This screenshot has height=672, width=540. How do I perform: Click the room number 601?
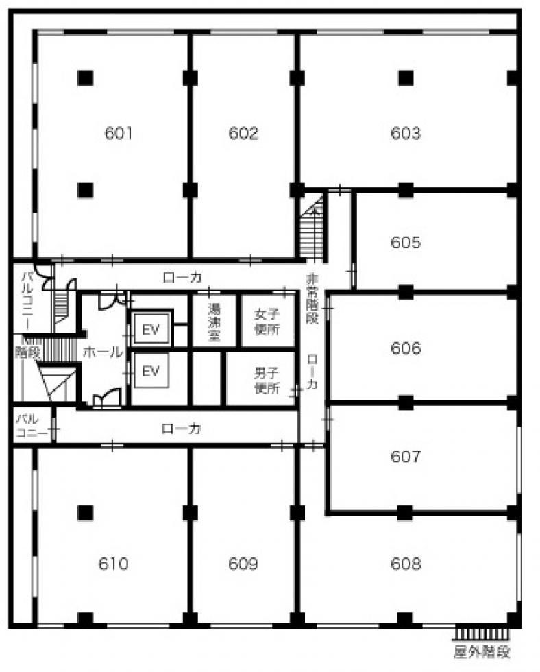118,133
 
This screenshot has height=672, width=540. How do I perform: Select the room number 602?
243,133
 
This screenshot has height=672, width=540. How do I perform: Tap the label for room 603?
406,133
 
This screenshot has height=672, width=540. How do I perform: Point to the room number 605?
406,243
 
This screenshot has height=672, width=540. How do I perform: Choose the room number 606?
406,348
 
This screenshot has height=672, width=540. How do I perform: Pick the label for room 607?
406,457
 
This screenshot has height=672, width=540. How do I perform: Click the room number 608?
406,564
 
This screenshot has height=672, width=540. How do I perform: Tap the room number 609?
243,564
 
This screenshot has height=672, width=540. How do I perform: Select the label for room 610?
114,564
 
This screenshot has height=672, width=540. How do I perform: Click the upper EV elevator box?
151,328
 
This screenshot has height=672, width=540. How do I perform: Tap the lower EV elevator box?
151,371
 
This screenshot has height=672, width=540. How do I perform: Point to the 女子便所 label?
267,322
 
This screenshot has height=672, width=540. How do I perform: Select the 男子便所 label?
267,381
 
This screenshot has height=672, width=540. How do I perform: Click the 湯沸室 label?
214,322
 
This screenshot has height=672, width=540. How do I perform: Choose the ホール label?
103,352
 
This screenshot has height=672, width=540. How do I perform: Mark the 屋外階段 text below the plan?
482,652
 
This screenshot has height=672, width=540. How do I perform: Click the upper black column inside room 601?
85,78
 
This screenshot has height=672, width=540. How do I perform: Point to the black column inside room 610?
85,513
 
